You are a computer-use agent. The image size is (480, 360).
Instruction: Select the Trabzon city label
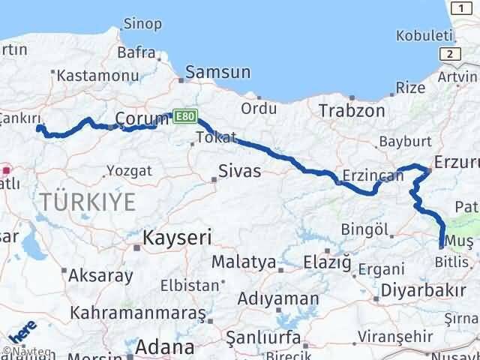[351, 110]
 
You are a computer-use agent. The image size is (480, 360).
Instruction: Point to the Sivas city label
[240, 170]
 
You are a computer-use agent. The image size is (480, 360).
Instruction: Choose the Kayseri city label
[177, 238]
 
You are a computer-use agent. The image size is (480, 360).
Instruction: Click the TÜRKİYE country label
[88, 201]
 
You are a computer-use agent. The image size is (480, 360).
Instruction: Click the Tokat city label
[216, 137]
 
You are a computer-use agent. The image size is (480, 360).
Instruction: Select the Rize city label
[410, 88]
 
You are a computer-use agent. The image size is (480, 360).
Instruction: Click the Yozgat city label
[129, 170]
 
